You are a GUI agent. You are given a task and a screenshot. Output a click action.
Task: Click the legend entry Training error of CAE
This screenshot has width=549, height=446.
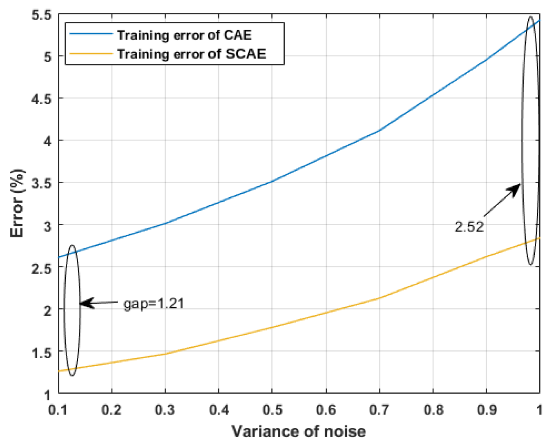coord(184,35)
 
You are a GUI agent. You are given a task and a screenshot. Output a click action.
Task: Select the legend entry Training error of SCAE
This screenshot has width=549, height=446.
coord(191,54)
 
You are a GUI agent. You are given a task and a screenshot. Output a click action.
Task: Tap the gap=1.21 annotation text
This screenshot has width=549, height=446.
coord(154,304)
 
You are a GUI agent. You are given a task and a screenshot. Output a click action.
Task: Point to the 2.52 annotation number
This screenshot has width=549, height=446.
coord(469,227)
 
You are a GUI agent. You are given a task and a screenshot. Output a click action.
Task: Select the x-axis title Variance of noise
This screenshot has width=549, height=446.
coord(298,431)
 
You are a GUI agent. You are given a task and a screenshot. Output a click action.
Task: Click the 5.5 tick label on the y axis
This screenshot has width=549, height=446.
coord(42,15)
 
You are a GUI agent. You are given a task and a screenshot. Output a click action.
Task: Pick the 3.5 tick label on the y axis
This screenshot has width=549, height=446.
coord(42,183)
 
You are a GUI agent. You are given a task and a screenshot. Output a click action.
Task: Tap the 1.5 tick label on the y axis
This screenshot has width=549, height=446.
coord(42,352)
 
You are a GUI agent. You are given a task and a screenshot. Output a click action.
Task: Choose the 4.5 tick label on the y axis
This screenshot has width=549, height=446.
coord(42,99)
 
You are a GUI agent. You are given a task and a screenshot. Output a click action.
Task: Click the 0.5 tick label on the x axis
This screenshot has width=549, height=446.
coord(272,410)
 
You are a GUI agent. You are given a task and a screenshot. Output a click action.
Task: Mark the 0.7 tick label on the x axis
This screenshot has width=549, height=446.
coord(380,410)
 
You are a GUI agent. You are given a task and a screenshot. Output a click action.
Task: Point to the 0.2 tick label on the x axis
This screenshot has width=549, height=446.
coord(111,410)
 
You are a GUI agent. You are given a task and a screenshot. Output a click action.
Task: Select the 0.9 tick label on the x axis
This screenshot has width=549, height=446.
coord(487,410)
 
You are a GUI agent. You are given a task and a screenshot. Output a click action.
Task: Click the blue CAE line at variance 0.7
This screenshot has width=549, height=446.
coord(380,130)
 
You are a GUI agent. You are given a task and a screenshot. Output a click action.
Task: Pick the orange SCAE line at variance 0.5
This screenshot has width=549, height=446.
coord(272,327)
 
